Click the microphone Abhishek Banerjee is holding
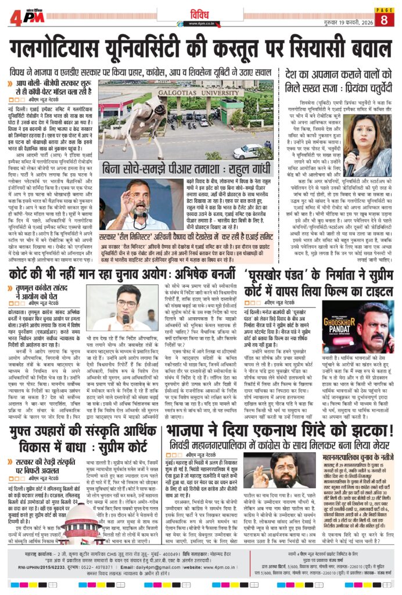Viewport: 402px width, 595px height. click(x=125, y=319)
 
